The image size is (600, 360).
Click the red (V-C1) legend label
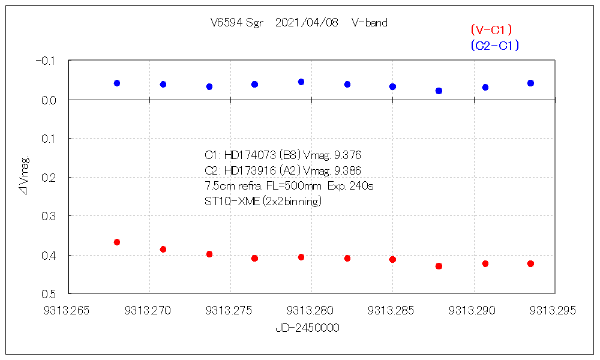pyautogui.click(x=491, y=30)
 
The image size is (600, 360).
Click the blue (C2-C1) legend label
pyautogui.click(x=495, y=46)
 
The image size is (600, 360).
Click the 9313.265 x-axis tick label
pyautogui.click(x=67, y=311)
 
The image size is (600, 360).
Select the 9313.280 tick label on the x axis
pyautogui.click(x=310, y=311)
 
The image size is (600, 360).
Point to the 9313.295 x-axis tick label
pyautogui.click(x=553, y=311)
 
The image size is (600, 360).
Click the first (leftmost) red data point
pyautogui.click(x=117, y=242)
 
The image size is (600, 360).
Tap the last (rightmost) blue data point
pyautogui.click(x=530, y=83)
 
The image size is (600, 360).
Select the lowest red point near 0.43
pyautogui.click(x=439, y=266)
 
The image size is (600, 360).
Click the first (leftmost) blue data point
pyautogui.click(x=117, y=83)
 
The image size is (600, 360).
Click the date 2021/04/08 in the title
pyautogui.click(x=307, y=23)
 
